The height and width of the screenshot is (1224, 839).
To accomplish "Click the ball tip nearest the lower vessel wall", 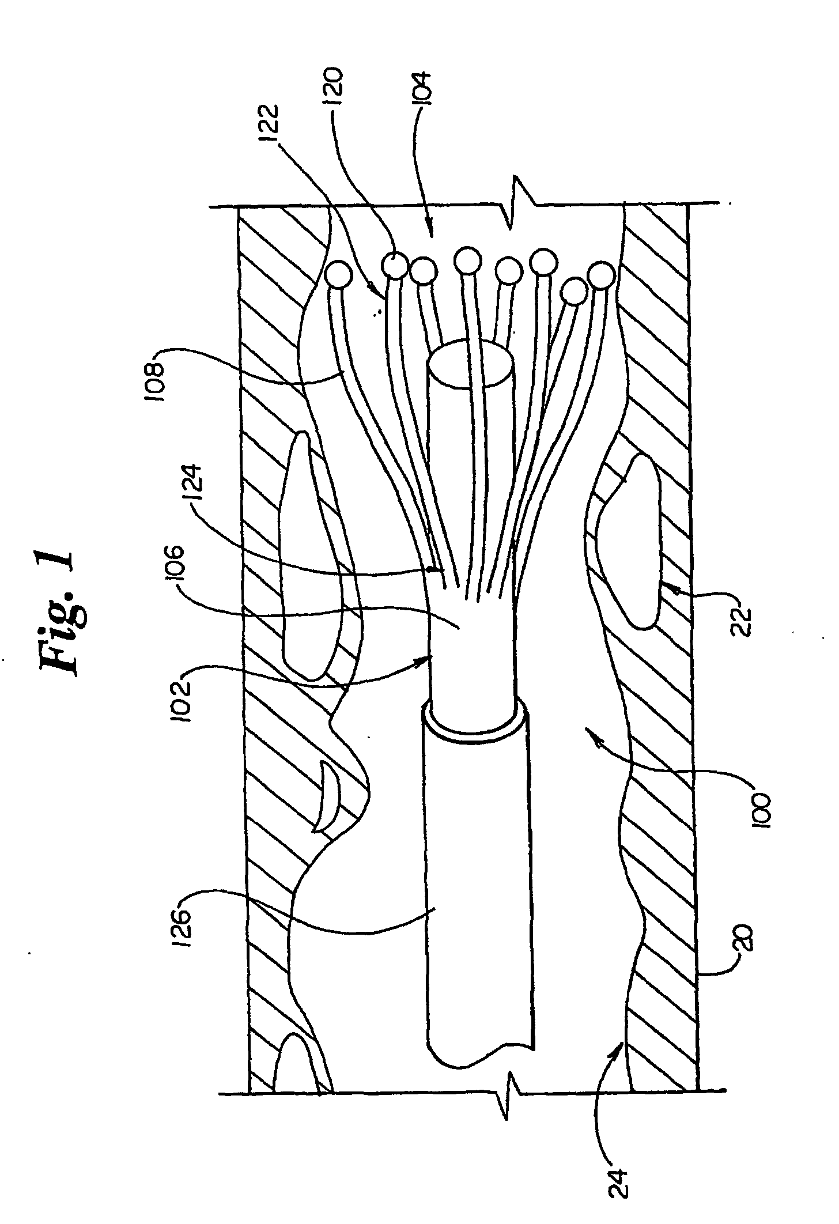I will coord(601,276).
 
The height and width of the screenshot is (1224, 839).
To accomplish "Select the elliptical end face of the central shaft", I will coord(471,365).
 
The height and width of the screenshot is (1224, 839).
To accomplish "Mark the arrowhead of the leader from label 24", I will coord(622,1041).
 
